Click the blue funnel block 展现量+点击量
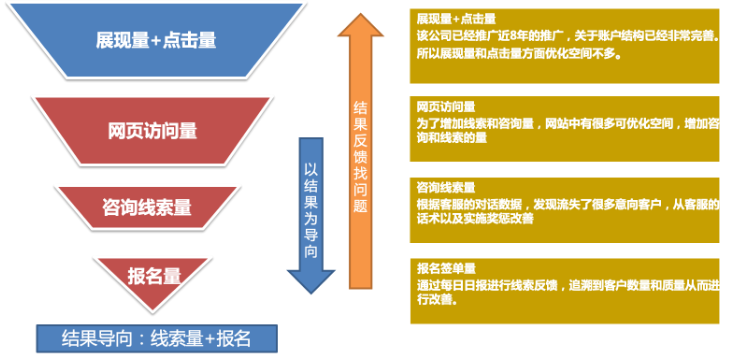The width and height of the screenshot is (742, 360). point(155,42)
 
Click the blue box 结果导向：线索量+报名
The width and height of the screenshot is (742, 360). point(155,337)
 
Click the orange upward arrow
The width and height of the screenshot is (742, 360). point(362,150)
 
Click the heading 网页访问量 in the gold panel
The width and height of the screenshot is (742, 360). point(446,105)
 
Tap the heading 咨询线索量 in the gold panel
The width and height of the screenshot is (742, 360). point(446,187)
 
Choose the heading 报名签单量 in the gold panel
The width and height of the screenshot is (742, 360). point(446,269)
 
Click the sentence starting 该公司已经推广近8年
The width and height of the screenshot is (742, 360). point(565,35)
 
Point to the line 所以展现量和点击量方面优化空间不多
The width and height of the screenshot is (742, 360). point(520,52)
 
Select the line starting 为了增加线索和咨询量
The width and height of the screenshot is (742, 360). point(565,121)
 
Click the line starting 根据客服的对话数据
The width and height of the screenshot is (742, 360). point(565,203)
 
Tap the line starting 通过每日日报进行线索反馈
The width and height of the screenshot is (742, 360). point(565,284)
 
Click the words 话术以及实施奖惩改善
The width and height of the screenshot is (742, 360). point(475,218)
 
